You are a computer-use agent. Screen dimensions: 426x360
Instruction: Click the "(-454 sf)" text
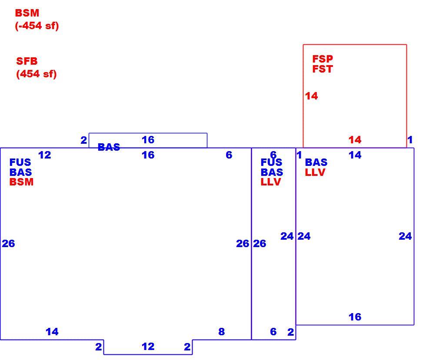(37, 26)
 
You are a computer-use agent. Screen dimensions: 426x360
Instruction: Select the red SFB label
(27, 61)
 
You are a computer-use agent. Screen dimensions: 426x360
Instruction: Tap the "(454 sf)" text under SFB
(37, 74)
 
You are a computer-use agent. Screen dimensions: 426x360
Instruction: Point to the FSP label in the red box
(323, 59)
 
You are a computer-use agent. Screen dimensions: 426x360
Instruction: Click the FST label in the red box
(323, 69)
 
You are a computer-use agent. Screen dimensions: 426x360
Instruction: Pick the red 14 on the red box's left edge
(311, 96)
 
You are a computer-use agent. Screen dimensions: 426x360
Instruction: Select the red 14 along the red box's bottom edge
(355, 140)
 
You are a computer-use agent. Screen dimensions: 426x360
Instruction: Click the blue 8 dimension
(221, 331)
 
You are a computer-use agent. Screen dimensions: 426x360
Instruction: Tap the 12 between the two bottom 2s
(148, 347)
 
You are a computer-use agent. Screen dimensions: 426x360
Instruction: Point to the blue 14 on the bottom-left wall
(52, 331)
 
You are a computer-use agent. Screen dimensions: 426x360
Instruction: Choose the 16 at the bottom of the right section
(355, 317)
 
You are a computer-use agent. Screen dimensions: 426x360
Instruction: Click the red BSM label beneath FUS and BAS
(21, 182)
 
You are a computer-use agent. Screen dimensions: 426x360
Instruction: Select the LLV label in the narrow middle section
(270, 182)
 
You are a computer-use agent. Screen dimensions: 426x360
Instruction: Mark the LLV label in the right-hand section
(315, 172)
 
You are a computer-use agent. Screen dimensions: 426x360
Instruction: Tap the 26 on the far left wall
(8, 244)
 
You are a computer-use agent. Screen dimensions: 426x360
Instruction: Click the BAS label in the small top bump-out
(109, 147)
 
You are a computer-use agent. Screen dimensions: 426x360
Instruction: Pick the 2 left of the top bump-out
(83, 140)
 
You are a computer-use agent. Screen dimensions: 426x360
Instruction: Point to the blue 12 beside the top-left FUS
(44, 155)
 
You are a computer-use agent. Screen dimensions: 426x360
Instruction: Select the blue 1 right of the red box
(410, 140)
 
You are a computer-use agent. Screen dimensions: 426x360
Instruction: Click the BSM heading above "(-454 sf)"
(27, 13)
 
